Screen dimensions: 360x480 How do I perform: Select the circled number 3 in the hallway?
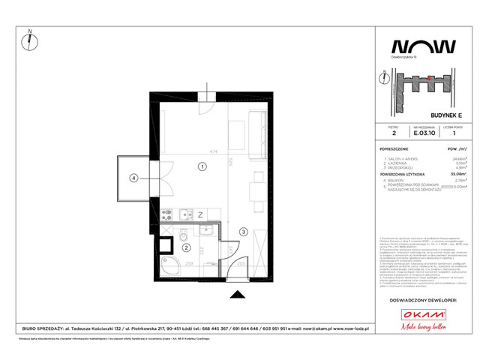[x=243, y=231]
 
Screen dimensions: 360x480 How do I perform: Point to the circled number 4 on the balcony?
[x=133, y=178]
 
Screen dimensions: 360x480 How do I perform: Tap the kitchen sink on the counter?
[x=183, y=215]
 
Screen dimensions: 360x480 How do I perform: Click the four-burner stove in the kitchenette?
[x=168, y=215]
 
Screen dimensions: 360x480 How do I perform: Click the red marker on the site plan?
[x=428, y=77]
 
